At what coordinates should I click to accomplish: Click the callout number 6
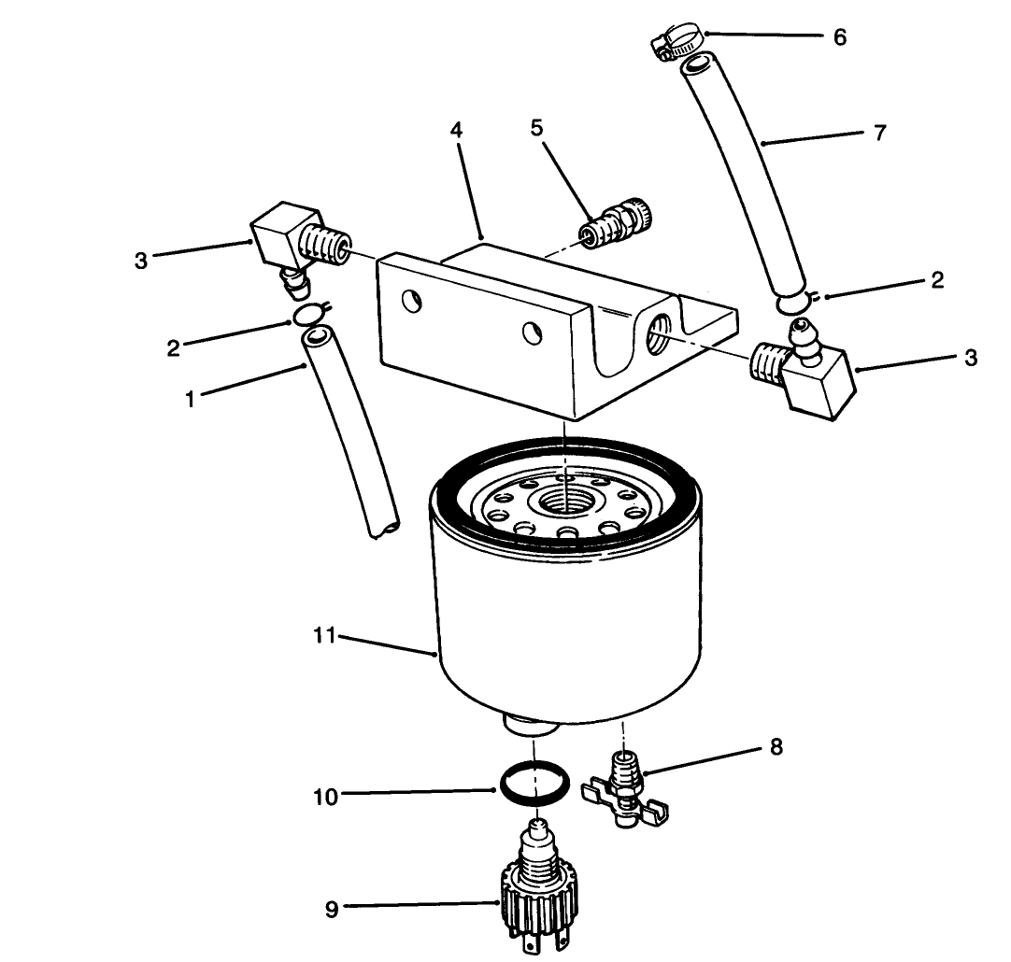coord(839,37)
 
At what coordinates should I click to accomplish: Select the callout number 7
coord(878,132)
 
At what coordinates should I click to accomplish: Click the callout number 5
coord(536,128)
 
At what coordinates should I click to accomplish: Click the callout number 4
coord(456,131)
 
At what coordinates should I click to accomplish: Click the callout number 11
coord(323,636)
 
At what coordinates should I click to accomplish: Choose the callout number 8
coord(776,746)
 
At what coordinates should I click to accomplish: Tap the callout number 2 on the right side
coord(937,279)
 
